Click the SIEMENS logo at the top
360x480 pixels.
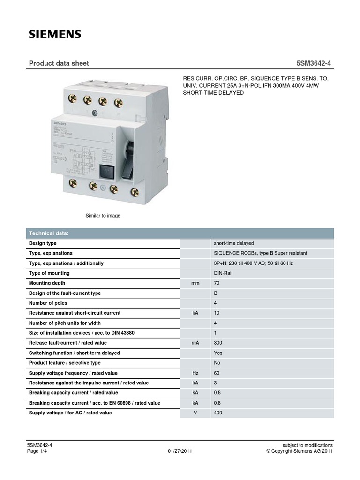[x=55, y=34]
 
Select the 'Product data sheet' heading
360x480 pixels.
[x=59, y=63]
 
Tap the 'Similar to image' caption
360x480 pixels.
[x=103, y=215]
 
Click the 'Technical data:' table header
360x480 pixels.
[x=49, y=233]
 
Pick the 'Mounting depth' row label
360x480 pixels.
[x=47, y=283]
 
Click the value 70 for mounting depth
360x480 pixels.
[x=217, y=283]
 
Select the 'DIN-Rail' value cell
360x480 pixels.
[x=223, y=273]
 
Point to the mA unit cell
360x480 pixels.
[x=195, y=343]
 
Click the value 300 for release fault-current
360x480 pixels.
[x=218, y=343]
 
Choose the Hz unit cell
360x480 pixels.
[x=195, y=373]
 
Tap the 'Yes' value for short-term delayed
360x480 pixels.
[x=218, y=353]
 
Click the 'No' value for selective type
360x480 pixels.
[x=217, y=363]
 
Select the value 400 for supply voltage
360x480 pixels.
[x=218, y=413]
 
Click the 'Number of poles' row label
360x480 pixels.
[x=49, y=303]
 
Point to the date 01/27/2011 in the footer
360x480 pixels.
[x=180, y=451]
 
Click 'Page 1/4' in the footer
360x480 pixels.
[x=40, y=451]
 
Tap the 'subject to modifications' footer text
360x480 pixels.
[x=307, y=445]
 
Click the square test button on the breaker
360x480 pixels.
[x=105, y=172]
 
